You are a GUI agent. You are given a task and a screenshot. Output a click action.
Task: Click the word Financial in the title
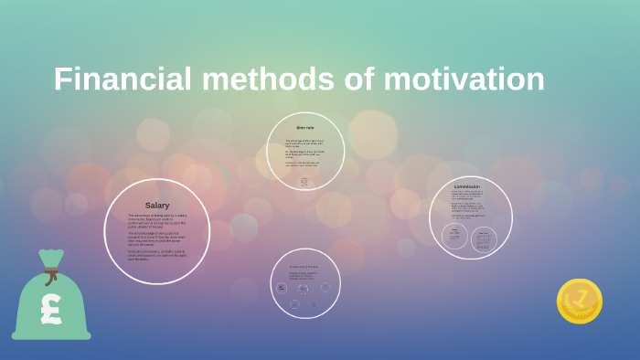pyautogui.click(x=123, y=79)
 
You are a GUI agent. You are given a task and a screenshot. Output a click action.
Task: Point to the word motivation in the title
pyautogui.click(x=464, y=79)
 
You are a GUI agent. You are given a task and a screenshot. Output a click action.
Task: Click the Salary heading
pyautogui.click(x=157, y=206)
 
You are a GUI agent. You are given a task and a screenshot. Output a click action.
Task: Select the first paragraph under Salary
pyautogui.click(x=157, y=220)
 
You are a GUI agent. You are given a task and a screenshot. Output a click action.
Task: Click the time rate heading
pyautogui.click(x=305, y=128)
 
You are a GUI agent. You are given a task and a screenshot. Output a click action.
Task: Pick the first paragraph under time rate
pyautogui.click(x=304, y=143)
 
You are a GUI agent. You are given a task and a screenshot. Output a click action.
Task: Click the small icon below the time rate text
pyautogui.click(x=304, y=181)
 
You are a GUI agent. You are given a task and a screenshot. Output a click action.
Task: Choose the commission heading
pyautogui.click(x=467, y=186)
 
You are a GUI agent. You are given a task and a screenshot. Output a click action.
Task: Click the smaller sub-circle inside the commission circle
pyautogui.click(x=454, y=236)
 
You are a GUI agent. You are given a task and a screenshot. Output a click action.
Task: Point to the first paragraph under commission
pyautogui.click(x=467, y=196)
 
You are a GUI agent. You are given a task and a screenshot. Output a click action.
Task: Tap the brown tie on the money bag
pyautogui.click(x=51, y=272)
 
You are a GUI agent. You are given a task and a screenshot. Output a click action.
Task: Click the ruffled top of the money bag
pyautogui.click(x=51, y=259)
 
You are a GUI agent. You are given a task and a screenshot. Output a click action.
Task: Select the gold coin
pyautogui.click(x=580, y=302)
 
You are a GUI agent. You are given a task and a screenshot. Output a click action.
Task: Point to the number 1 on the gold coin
pyautogui.click(x=580, y=300)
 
